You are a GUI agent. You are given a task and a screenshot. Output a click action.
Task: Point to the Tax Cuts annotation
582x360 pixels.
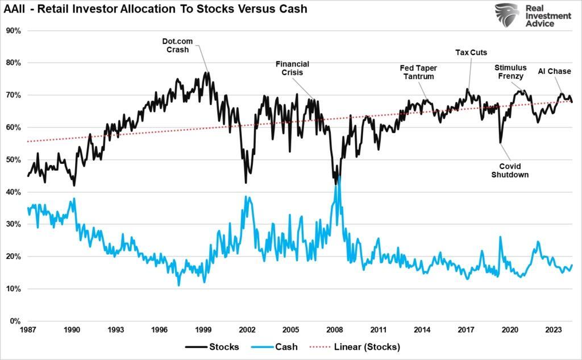tap(471, 53)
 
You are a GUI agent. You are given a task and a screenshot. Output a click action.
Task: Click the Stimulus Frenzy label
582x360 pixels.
tap(510, 72)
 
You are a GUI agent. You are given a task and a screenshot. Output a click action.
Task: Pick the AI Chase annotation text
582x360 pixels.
tap(554, 72)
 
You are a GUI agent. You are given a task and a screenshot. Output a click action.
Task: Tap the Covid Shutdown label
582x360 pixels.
tap(510, 171)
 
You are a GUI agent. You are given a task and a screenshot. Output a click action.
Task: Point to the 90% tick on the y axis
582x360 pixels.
tap(13, 31)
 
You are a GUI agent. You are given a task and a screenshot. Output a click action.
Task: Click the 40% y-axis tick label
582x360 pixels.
tap(13, 192)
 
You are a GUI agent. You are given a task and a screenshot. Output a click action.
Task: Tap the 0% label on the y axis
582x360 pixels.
tap(15, 321)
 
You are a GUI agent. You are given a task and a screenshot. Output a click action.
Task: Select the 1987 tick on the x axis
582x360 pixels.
tap(28, 330)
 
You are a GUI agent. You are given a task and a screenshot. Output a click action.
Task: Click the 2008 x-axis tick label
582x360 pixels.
tap(335, 330)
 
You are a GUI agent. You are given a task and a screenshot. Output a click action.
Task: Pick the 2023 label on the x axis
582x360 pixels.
tap(554, 330)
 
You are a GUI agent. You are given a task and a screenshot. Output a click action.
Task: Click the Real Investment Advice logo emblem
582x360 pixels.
tap(506, 15)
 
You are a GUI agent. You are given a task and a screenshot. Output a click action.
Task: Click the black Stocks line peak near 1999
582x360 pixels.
tap(206, 72)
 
